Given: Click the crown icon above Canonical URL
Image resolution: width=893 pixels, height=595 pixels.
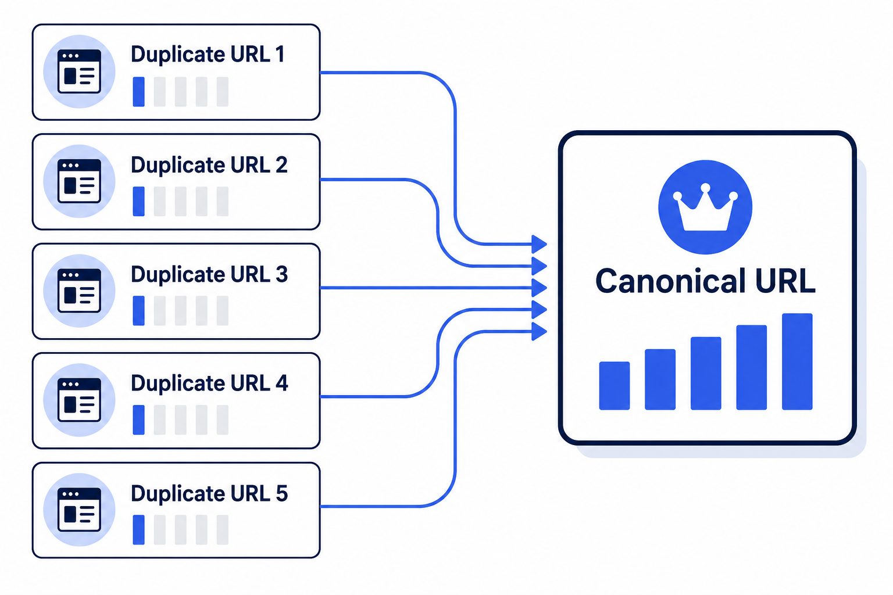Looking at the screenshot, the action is point(705,207).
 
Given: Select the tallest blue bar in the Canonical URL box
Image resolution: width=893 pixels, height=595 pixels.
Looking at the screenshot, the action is point(797,361).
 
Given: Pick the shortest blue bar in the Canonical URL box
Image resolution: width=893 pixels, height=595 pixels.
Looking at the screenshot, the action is point(615,385).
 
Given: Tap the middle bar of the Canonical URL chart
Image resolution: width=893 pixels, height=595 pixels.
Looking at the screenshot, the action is point(706,374).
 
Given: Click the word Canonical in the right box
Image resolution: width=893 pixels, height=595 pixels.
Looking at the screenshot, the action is point(670,281).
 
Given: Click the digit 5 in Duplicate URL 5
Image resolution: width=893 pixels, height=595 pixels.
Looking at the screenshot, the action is point(281,493).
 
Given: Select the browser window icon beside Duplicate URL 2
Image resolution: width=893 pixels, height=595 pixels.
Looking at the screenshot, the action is point(79,181).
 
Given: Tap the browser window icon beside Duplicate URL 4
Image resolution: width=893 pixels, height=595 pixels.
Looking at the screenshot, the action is point(79,400).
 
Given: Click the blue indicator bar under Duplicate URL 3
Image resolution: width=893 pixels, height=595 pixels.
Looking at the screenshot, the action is point(139,310).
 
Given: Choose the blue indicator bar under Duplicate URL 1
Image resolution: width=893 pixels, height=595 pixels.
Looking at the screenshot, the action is point(139,92).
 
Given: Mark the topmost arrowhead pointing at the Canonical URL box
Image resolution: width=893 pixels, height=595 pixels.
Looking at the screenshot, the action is point(539,244).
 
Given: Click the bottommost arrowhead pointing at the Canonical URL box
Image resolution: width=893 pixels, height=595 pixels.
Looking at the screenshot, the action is point(539,332).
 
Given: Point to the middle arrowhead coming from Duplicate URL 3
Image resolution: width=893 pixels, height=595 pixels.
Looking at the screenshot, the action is point(539,288).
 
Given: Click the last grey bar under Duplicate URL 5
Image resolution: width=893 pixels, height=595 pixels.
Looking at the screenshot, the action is point(223,530).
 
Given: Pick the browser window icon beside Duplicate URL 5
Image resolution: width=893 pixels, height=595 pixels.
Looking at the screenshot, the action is point(79,510).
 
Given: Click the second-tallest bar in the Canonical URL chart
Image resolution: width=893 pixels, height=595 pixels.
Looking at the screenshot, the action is point(752,367).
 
